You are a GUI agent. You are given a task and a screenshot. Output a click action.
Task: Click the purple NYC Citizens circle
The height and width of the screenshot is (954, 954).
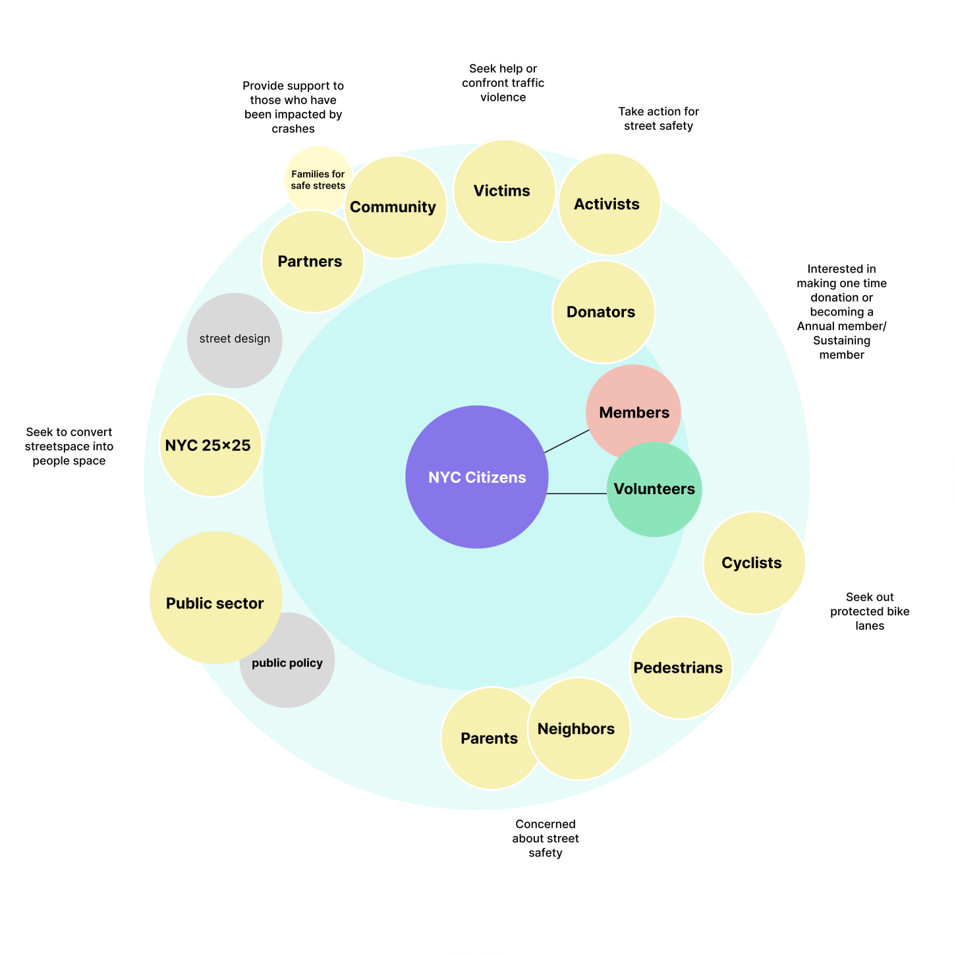476,477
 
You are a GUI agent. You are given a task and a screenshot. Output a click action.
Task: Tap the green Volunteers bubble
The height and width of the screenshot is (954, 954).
654,490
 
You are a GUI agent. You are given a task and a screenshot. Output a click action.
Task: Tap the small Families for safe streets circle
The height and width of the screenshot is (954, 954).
318,179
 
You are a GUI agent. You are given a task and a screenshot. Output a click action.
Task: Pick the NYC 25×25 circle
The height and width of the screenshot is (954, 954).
210,445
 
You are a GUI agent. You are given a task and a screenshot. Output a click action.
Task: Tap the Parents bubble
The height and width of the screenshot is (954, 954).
489,738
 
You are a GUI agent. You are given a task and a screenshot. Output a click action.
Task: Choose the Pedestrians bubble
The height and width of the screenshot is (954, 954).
680,667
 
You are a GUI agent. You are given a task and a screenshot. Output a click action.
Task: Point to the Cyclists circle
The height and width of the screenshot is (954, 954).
753,563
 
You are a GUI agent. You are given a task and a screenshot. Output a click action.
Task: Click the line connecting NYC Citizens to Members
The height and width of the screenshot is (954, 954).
567,441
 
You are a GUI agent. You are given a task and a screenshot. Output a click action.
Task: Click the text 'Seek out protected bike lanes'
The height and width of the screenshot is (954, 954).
870,611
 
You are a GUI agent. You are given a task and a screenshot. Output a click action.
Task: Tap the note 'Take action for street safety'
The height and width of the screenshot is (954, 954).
658,119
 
